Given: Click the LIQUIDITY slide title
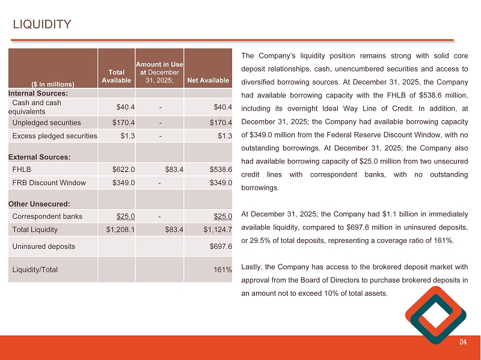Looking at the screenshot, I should pyautogui.click(x=43, y=25).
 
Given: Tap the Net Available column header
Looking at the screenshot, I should pyautogui.click(x=208, y=81).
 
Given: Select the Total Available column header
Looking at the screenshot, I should pyautogui.click(x=116, y=76).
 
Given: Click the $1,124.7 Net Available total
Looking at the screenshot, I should pyautogui.click(x=217, y=229).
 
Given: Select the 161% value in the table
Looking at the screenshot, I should pyautogui.click(x=222, y=269).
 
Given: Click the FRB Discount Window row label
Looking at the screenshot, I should pyautogui.click(x=49, y=183).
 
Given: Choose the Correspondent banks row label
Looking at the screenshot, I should pyautogui.click(x=47, y=216).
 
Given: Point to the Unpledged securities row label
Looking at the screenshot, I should pyautogui.click(x=46, y=123).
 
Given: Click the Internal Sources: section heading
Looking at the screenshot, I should pyautogui.click(x=38, y=93).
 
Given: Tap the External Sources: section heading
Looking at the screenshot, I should pyautogui.click(x=38, y=156).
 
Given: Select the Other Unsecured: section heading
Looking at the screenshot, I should pyautogui.click(x=39, y=203).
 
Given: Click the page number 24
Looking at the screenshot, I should pyautogui.click(x=462, y=343).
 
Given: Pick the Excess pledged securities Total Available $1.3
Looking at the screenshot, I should pyautogui.click(x=127, y=136).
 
